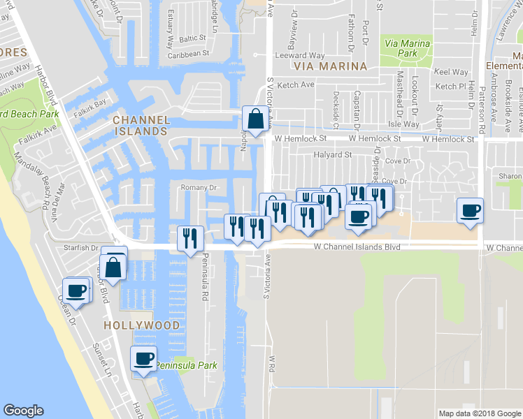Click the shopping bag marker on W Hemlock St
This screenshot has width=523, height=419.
(x=255, y=119)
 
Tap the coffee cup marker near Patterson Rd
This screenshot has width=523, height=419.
(x=470, y=210)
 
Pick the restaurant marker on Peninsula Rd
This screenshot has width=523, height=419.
(x=190, y=239)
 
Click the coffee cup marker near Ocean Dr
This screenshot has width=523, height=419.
(x=75, y=290)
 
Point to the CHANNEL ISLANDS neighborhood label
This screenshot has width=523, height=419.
(x=141, y=125)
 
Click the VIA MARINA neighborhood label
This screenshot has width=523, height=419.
(x=331, y=66)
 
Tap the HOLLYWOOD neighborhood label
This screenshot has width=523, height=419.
(x=142, y=325)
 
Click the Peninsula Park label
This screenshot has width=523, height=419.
(x=186, y=365)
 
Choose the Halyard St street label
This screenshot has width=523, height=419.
(x=332, y=154)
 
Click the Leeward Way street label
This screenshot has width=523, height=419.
(x=301, y=55)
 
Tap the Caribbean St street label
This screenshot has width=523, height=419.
(x=188, y=53)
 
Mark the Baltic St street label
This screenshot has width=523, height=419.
(x=193, y=39)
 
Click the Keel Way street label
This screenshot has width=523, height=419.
(x=451, y=72)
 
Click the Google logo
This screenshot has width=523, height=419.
(x=23, y=411)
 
